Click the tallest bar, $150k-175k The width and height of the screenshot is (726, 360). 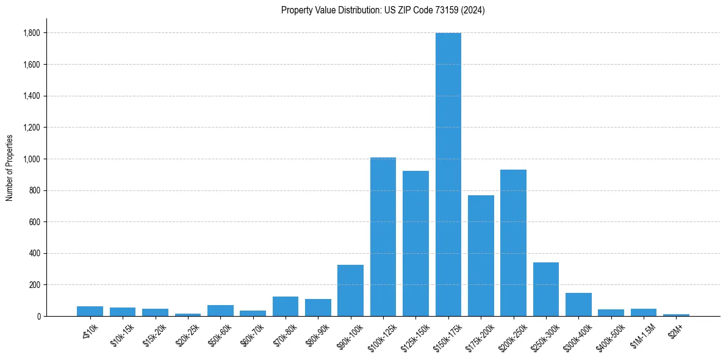448,175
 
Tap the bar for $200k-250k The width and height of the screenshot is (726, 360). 513,243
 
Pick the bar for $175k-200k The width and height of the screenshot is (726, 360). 481,256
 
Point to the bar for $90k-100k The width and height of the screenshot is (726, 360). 350,290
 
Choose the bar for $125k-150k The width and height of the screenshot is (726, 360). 415,243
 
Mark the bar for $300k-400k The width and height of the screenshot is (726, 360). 578,304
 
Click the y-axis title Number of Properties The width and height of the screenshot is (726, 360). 9,168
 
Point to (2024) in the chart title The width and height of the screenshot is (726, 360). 473,10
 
